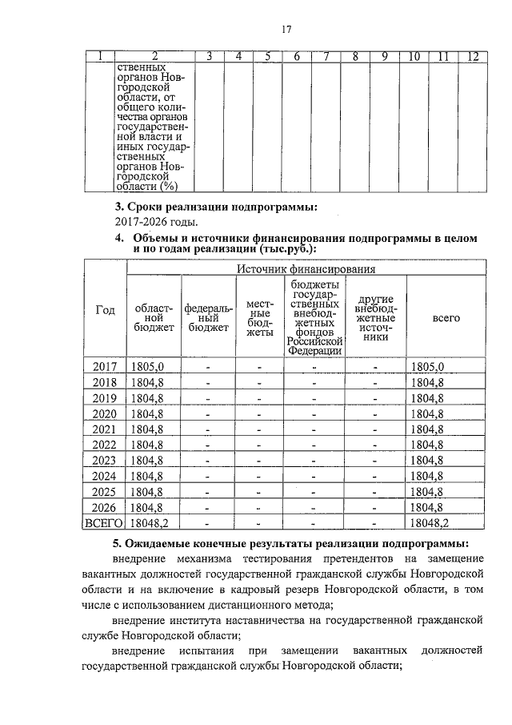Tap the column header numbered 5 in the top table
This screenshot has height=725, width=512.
268,56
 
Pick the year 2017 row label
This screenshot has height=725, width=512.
105,366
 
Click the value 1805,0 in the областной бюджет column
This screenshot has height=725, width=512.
147,366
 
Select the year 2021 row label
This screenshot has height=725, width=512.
105,429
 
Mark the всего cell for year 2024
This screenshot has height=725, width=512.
427,476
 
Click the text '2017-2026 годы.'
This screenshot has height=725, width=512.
155,222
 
